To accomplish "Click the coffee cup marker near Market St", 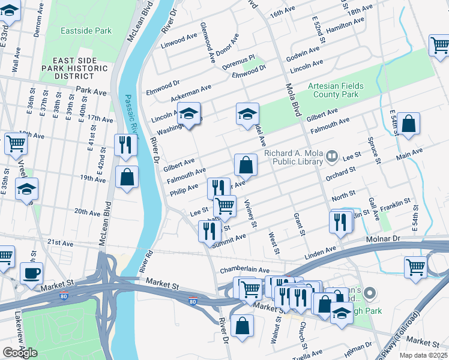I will click(31, 273).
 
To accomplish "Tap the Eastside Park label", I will click(86, 30).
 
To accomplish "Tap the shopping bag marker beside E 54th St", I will click(408, 124).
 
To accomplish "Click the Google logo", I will click(19, 353).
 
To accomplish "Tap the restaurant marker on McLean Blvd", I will click(125, 145).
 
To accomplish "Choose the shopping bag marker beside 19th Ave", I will click(127, 177).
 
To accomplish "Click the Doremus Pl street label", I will click(239, 62).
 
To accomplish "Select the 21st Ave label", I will click(61, 242).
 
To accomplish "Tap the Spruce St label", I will click(372, 149).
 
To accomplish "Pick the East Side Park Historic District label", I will click(80, 68).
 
